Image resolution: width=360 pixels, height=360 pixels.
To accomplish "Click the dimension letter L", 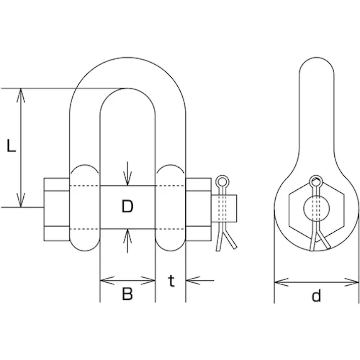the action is pyautogui.click(x=11, y=145).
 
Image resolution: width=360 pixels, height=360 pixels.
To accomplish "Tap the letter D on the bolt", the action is pyautogui.click(x=127, y=206).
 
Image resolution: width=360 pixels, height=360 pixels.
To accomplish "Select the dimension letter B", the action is pyautogui.click(x=127, y=294).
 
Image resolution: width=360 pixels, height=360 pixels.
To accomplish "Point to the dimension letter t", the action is pyautogui.click(x=171, y=281).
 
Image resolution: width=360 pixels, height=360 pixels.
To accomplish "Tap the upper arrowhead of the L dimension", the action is pyautogui.click(x=21, y=95).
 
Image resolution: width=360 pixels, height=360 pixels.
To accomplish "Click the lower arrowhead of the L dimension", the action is pyautogui.click(x=21, y=200).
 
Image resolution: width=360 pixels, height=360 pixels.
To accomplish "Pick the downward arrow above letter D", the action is pyautogui.click(x=128, y=174).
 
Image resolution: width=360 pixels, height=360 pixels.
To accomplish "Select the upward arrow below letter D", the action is pyautogui.click(x=128, y=241).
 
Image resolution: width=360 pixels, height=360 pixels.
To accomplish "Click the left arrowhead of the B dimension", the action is pyautogui.click(x=108, y=281).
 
